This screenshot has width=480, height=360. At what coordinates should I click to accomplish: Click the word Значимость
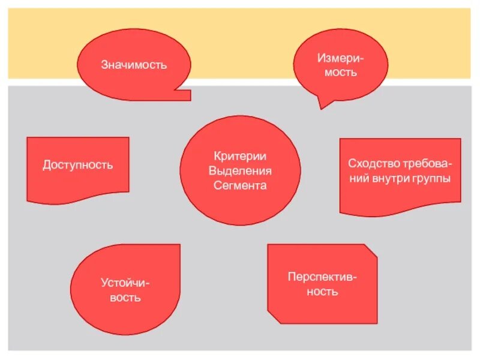click(x=133, y=65)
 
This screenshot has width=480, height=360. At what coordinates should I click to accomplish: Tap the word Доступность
click(x=77, y=165)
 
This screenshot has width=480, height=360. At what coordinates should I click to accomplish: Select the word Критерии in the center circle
click(x=240, y=157)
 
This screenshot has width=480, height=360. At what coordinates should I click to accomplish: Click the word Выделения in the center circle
click(x=240, y=171)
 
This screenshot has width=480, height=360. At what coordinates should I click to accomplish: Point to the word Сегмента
click(x=240, y=185)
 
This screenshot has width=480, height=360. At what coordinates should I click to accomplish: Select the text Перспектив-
click(x=322, y=278)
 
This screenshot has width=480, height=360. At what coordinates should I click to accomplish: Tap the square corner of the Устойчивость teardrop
click(x=175, y=248)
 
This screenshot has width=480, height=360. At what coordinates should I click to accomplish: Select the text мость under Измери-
click(x=341, y=73)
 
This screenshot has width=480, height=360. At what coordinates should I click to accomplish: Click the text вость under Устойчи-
click(x=125, y=298)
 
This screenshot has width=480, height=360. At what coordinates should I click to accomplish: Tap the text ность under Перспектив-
click(x=322, y=292)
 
